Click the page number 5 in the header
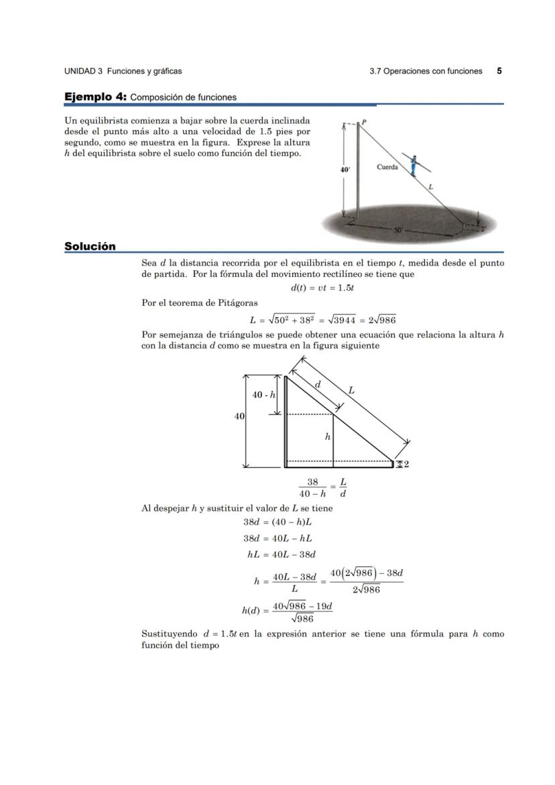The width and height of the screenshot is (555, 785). coord(499,70)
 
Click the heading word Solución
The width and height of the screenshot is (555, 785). coord(90,247)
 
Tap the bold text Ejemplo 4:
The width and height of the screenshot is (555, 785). coord(95,97)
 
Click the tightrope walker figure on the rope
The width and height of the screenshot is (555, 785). coord(414,164)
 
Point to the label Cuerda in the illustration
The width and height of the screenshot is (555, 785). coord(387,167)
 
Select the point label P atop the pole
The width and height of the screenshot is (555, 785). coord(365,122)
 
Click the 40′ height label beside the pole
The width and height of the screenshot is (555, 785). coord(345,170)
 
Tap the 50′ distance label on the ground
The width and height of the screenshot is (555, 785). coord(399,230)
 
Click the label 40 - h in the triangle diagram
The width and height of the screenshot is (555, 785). coord(263,395)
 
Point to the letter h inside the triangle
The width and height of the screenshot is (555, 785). coord(327,436)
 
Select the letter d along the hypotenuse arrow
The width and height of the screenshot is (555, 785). coord(318,384)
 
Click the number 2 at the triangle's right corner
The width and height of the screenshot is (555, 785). coord(406,464)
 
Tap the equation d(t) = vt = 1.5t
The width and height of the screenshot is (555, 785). coord(322,288)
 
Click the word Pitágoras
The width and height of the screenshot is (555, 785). coord(237,303)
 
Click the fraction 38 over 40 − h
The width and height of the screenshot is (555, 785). coord(312,487)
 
